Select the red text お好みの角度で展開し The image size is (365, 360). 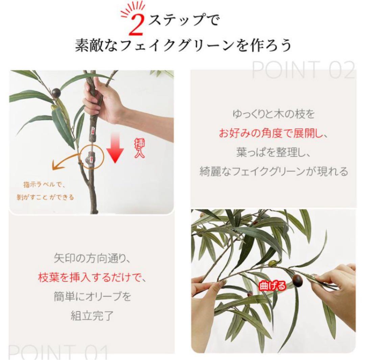(273, 133)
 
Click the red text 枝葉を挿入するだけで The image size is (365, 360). (91, 279)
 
